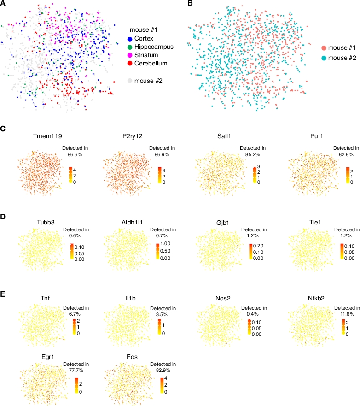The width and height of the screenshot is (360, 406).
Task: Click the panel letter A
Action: (x=3, y=3)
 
